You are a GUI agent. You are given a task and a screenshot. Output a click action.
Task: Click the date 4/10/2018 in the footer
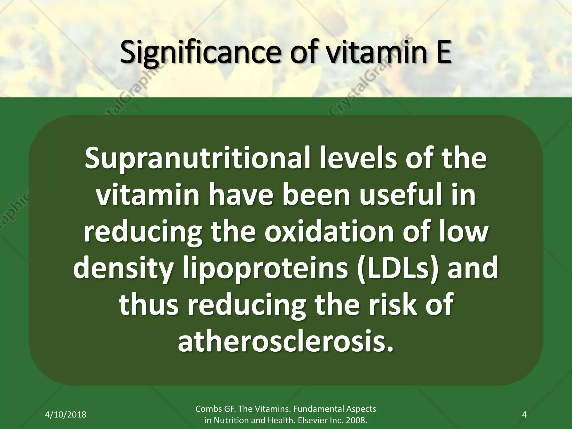click(66, 414)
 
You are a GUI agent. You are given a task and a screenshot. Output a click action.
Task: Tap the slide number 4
click(524, 414)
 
